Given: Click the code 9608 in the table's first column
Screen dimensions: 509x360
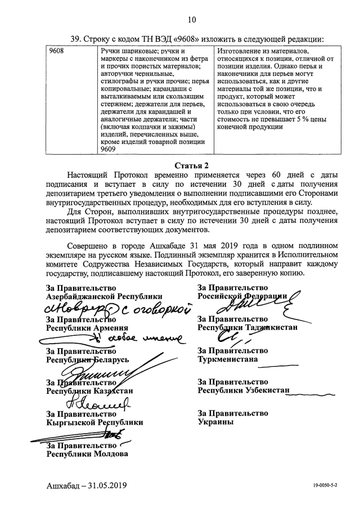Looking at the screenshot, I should click(56, 51).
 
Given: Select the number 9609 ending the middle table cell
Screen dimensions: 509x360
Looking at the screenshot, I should click(107, 150).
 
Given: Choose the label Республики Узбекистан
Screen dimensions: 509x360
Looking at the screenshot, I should click(243, 390).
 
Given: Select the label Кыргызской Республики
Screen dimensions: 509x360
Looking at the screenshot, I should click(94, 422).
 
